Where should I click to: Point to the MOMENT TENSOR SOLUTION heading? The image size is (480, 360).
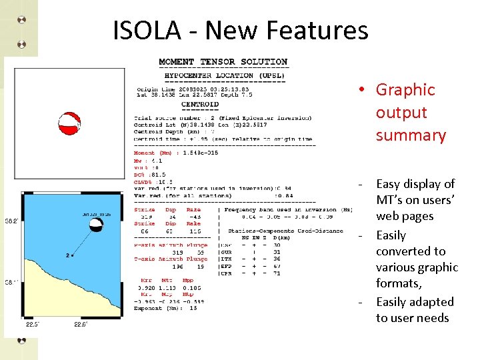coord(223,62)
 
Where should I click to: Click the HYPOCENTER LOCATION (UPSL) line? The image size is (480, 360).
coord(225,75)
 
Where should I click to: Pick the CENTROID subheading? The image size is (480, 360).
coord(199,104)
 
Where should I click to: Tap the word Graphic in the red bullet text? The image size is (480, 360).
coord(405,90)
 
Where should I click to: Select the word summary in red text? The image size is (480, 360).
coord(411,135)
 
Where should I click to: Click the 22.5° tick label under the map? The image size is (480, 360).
coord(32,325)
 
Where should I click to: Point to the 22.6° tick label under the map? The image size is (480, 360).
coord(81,325)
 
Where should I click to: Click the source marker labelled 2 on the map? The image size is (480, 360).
coord(73,255)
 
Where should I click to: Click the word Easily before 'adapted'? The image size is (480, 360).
coord(391,302)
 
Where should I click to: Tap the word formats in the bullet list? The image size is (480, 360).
coord(398,283)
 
